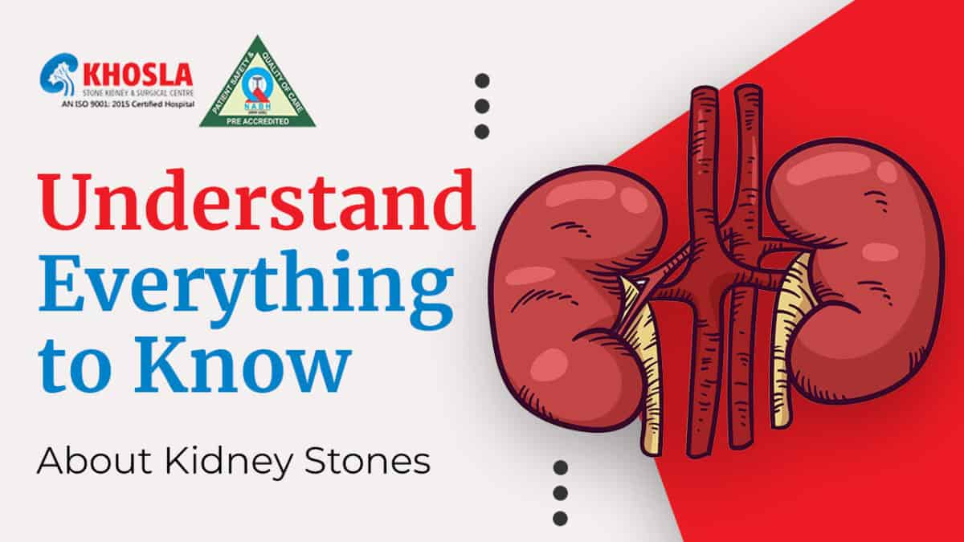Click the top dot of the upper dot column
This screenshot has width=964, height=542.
[x=482, y=80]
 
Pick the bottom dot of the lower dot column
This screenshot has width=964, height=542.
[x=561, y=518]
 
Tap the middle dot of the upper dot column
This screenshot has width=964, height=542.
[x=482, y=105]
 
